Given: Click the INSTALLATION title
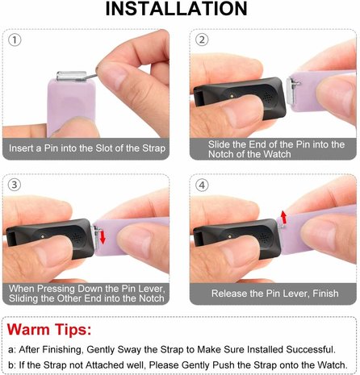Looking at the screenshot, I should (179, 10).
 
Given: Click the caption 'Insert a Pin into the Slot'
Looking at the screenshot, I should (89, 148).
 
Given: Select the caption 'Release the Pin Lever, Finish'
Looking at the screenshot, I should (270, 294).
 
